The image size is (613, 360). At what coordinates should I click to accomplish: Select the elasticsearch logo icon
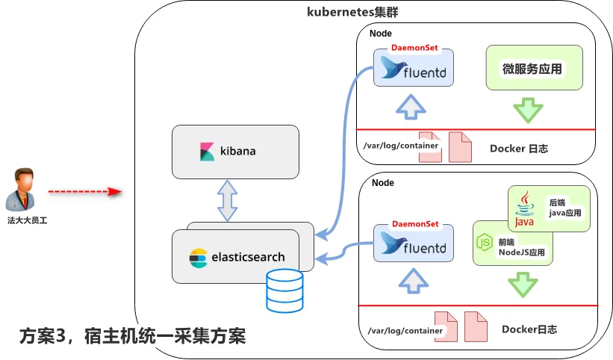[x=198, y=257]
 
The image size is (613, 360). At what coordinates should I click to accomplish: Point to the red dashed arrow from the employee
[x=84, y=192]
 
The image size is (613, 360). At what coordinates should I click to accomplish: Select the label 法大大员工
[x=28, y=220]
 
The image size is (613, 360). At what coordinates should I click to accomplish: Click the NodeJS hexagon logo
[x=484, y=241]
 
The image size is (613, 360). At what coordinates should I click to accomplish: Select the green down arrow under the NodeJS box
[x=523, y=285]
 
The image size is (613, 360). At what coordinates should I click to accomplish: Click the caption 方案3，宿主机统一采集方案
[x=132, y=336]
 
